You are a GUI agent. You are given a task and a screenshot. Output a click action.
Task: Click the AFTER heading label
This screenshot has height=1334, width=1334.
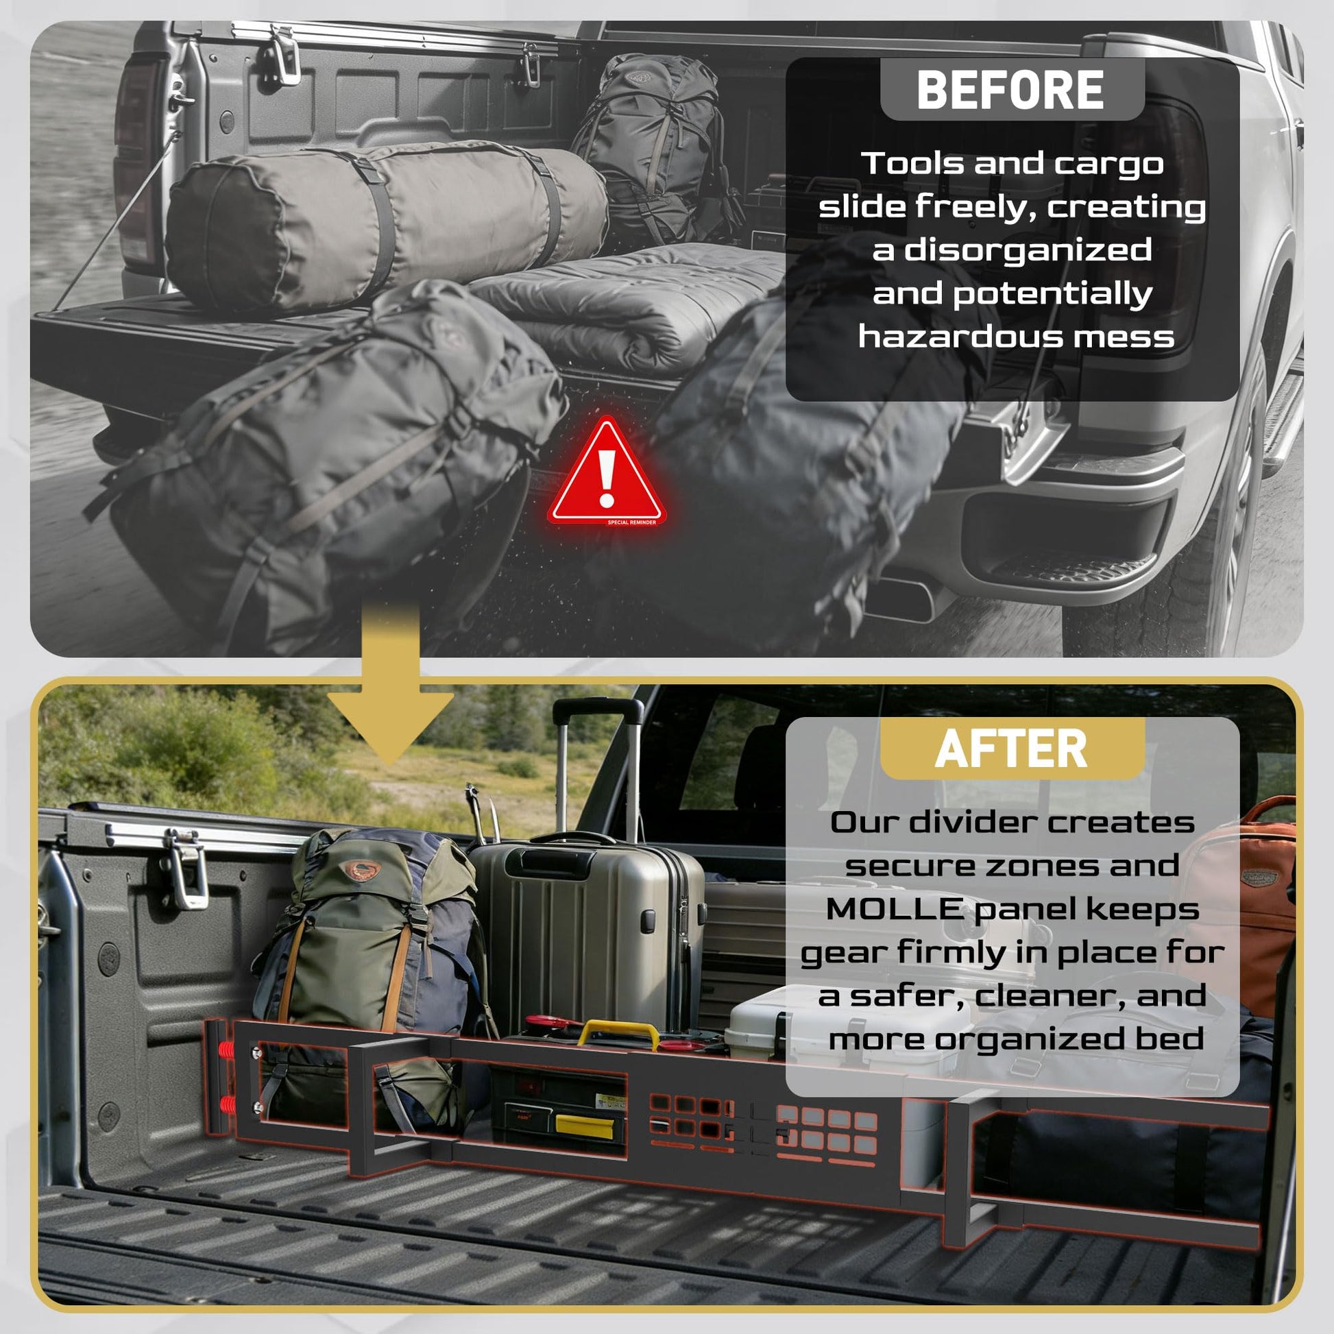pos(1011,749)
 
